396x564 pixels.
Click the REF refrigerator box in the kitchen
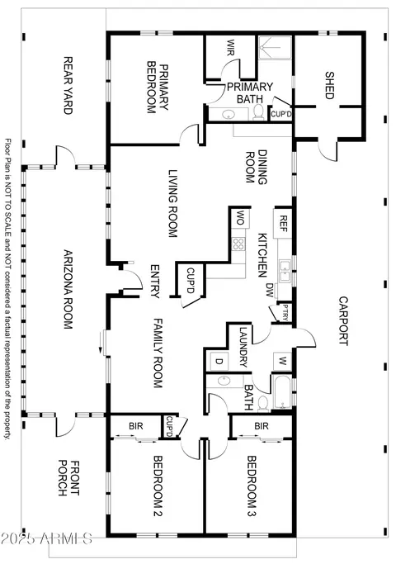click(x=283, y=224)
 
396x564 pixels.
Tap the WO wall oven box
click(x=240, y=218)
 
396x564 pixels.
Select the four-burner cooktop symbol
click(x=238, y=244)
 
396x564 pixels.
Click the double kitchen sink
click(x=285, y=271)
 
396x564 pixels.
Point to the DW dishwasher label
click(x=270, y=290)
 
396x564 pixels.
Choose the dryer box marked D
click(x=218, y=361)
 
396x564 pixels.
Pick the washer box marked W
click(x=282, y=361)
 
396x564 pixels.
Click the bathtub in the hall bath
click(x=283, y=392)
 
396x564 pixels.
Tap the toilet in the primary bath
click(x=258, y=111)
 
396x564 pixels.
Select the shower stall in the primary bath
click(x=275, y=47)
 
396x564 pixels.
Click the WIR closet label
click(x=230, y=48)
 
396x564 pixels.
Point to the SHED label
click(x=329, y=85)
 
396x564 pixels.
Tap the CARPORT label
click(x=343, y=321)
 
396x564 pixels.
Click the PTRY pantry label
click(x=285, y=313)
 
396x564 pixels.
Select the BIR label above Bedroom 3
click(x=262, y=426)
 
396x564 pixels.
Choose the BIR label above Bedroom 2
click(x=136, y=426)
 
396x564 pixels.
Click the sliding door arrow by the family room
click(x=101, y=344)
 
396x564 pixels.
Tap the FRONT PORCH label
click(x=68, y=477)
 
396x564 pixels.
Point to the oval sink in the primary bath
click(x=229, y=115)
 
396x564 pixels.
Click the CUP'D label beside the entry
click(x=191, y=281)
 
